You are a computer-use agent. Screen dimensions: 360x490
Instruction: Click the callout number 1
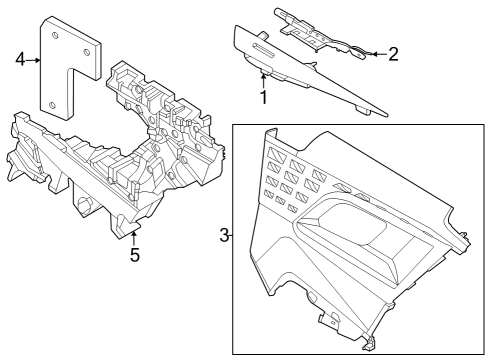tap(263, 97)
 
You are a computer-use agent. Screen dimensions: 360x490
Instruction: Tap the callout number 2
tap(393, 54)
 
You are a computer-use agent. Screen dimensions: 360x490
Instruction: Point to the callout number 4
tap(21, 60)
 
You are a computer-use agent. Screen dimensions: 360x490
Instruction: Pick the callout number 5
tap(134, 255)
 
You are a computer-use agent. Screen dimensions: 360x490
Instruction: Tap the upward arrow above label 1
tap(263, 80)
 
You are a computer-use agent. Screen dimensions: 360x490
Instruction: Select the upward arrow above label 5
tap(134, 236)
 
